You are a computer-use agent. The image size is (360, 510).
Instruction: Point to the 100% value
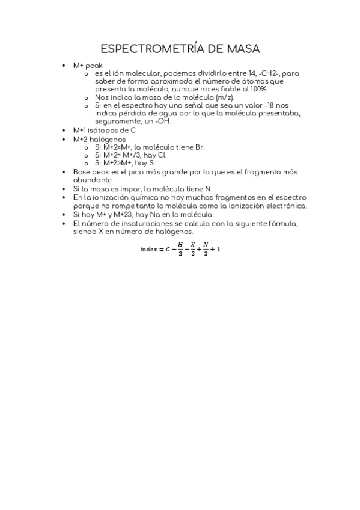click(x=258, y=89)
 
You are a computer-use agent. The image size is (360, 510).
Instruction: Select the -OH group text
click(x=162, y=121)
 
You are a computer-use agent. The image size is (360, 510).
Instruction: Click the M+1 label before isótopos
click(x=79, y=130)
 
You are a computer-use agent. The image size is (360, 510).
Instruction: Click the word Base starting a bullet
click(x=81, y=172)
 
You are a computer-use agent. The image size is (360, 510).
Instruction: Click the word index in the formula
click(x=148, y=249)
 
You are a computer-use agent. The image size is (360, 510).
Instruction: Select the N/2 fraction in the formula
click(x=204, y=249)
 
